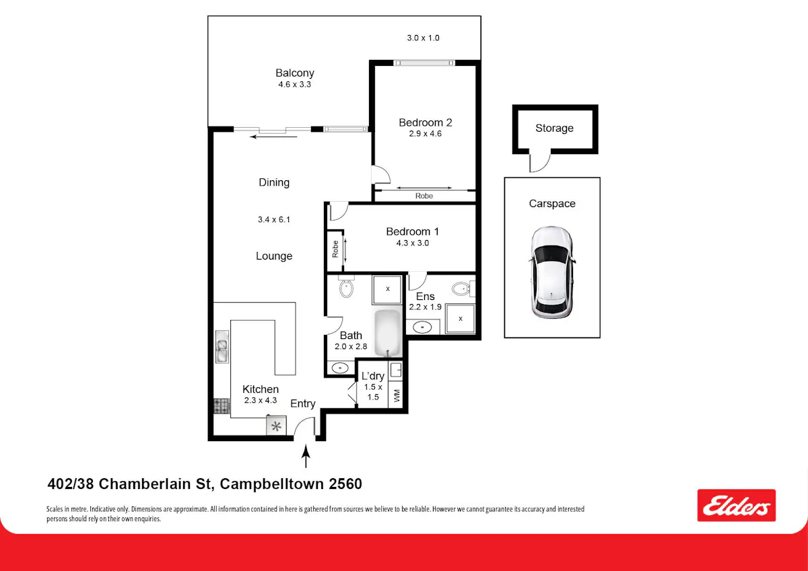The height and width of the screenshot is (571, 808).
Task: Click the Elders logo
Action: (736, 505)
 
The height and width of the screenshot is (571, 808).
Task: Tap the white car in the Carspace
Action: (551, 272)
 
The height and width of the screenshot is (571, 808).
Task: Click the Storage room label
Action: (554, 128)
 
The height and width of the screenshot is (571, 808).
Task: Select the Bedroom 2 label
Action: (426, 122)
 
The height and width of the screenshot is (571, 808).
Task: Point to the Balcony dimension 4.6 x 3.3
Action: (294, 84)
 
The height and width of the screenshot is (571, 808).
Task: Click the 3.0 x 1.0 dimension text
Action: (423, 38)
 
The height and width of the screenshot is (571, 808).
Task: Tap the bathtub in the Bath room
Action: (388, 333)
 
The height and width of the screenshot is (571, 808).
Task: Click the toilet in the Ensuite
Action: (463, 289)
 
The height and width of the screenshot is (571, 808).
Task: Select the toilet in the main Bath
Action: (346, 287)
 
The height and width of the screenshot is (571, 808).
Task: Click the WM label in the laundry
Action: (397, 395)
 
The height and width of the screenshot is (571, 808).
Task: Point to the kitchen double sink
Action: (222, 346)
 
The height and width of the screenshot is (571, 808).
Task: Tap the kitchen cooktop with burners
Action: (222, 406)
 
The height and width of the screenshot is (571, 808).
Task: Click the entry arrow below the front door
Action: (306, 456)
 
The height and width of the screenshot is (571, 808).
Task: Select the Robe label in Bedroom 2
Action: (424, 196)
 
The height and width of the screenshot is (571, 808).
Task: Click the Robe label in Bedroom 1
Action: (335, 249)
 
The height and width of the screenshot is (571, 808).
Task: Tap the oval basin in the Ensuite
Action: (422, 327)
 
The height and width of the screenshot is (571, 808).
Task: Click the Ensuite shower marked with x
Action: (461, 319)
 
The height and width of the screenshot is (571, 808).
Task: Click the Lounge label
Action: (274, 256)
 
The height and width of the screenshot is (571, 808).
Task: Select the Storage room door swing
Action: (540, 161)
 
